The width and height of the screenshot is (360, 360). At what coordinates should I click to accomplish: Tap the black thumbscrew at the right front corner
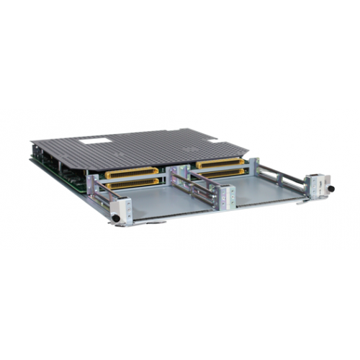[332, 189]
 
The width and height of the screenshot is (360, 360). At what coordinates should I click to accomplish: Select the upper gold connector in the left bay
[132, 173]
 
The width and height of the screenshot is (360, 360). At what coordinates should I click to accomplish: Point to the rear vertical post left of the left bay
[91, 186]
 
